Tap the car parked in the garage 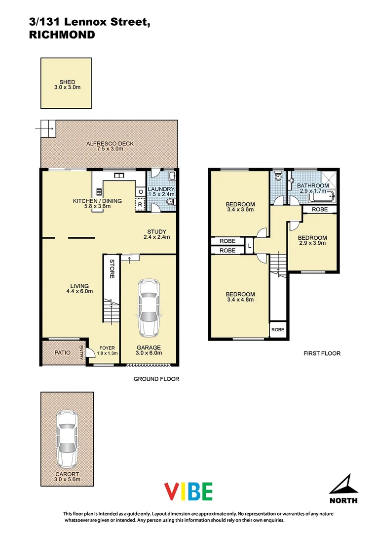(149, 308)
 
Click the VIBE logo (188, 491)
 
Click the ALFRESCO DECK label (110, 143)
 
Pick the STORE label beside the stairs (112, 268)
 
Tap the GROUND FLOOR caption (156, 379)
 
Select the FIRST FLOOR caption (322, 354)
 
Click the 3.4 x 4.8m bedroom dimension (240, 299)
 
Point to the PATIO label (63, 353)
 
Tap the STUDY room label (156, 231)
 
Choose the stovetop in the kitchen (99, 191)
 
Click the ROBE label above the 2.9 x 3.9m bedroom (319, 209)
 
